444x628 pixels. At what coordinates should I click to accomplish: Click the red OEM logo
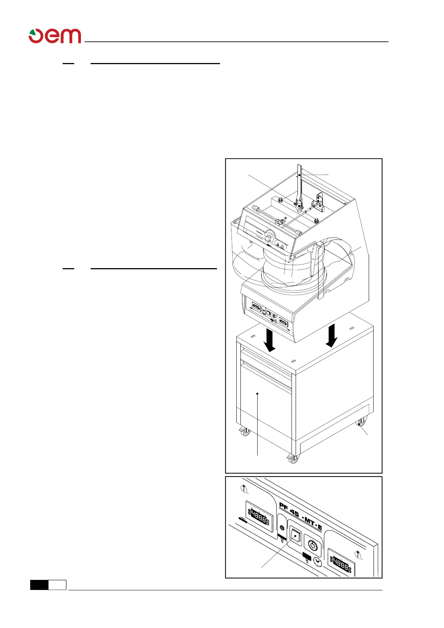55,36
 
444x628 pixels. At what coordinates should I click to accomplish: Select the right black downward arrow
331,335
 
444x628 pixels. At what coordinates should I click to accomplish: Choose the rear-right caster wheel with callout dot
360,423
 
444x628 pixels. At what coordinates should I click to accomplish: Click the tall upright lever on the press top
299,183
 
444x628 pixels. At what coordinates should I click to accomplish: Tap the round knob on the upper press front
269,236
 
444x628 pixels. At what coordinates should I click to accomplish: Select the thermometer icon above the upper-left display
244,489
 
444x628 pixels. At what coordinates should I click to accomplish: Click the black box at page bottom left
39,585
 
